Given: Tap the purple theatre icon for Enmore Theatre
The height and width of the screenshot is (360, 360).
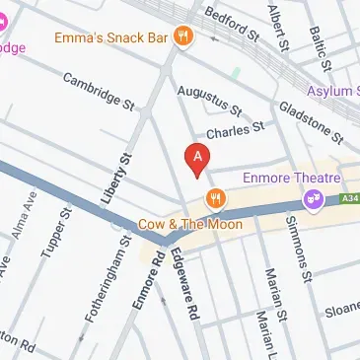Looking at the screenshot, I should [315, 198].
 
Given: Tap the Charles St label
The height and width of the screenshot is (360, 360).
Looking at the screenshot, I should [236, 127].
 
